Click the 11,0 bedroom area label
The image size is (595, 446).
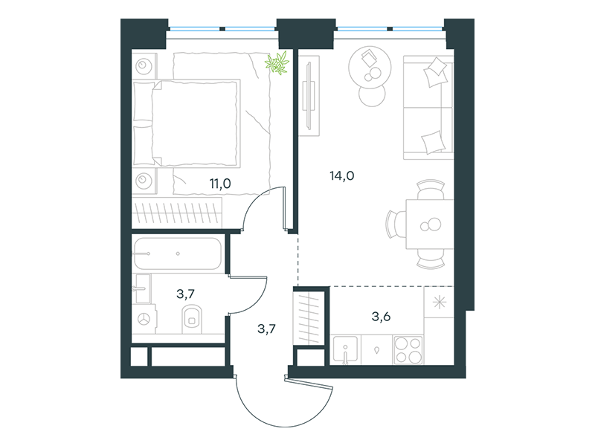220,184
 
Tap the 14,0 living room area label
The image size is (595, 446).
342,176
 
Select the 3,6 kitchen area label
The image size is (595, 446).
381,317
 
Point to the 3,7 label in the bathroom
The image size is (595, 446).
185,294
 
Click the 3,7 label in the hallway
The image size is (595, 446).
266,329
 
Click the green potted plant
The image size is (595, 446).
277,62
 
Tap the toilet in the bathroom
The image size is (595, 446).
192,320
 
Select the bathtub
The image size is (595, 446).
177,253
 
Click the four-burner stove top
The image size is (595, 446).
408,350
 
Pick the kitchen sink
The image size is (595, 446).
345,349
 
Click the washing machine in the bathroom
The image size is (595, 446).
144,319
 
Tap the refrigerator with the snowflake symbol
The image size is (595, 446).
439,302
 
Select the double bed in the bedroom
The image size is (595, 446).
187,123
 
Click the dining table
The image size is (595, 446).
430,224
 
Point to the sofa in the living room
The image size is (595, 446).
428,107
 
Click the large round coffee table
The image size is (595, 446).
370,68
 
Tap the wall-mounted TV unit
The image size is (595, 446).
309,96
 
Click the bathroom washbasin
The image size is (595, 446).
142,288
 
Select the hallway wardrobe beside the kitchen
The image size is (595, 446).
309,318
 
